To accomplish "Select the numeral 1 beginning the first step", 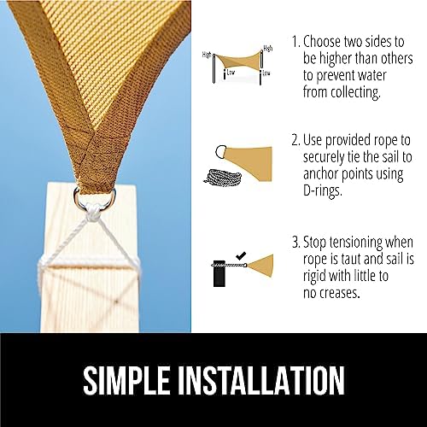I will [x=295, y=41].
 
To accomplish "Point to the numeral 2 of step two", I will [x=295, y=137].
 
